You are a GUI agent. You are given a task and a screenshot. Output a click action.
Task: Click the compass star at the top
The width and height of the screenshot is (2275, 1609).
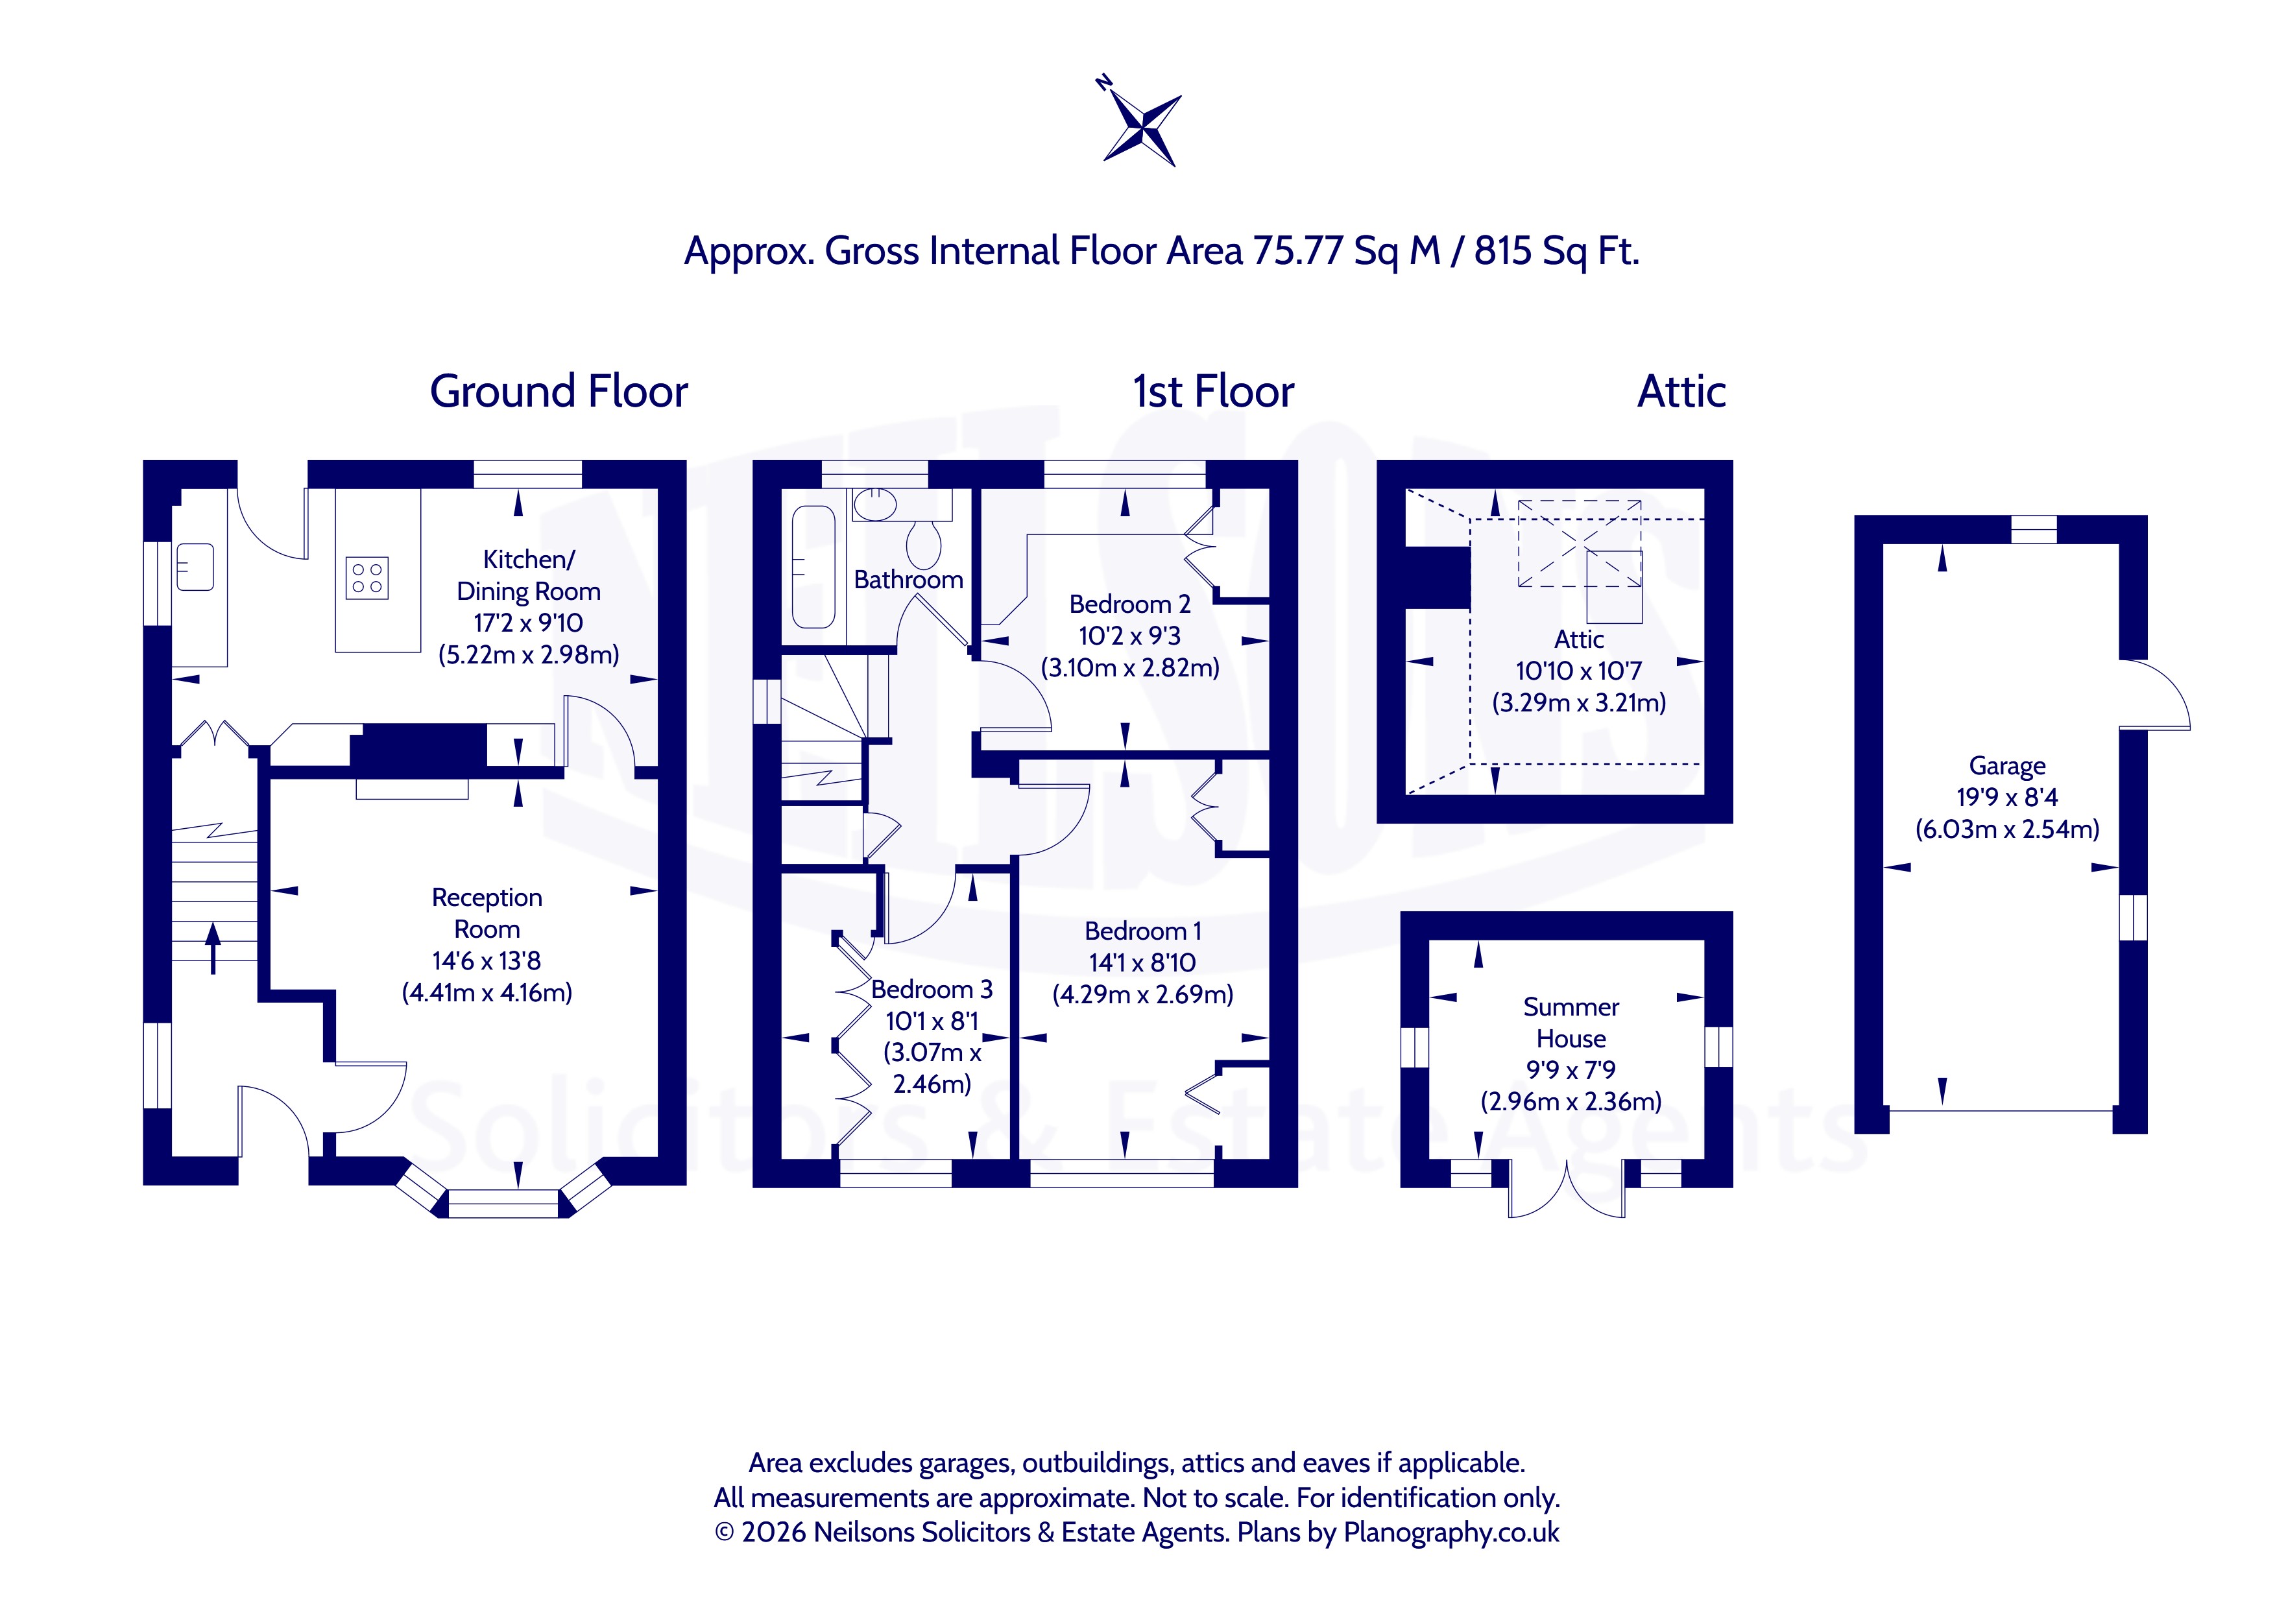[1142, 128]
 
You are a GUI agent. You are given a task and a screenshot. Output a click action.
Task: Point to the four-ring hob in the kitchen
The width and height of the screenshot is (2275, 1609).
[367, 578]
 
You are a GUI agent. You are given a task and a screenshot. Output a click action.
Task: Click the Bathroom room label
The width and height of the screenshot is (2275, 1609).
[909, 580]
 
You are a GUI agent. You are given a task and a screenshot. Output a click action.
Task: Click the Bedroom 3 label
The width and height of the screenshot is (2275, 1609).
[932, 989]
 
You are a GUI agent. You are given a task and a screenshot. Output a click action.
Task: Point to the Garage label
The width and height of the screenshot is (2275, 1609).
[2006, 766]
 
